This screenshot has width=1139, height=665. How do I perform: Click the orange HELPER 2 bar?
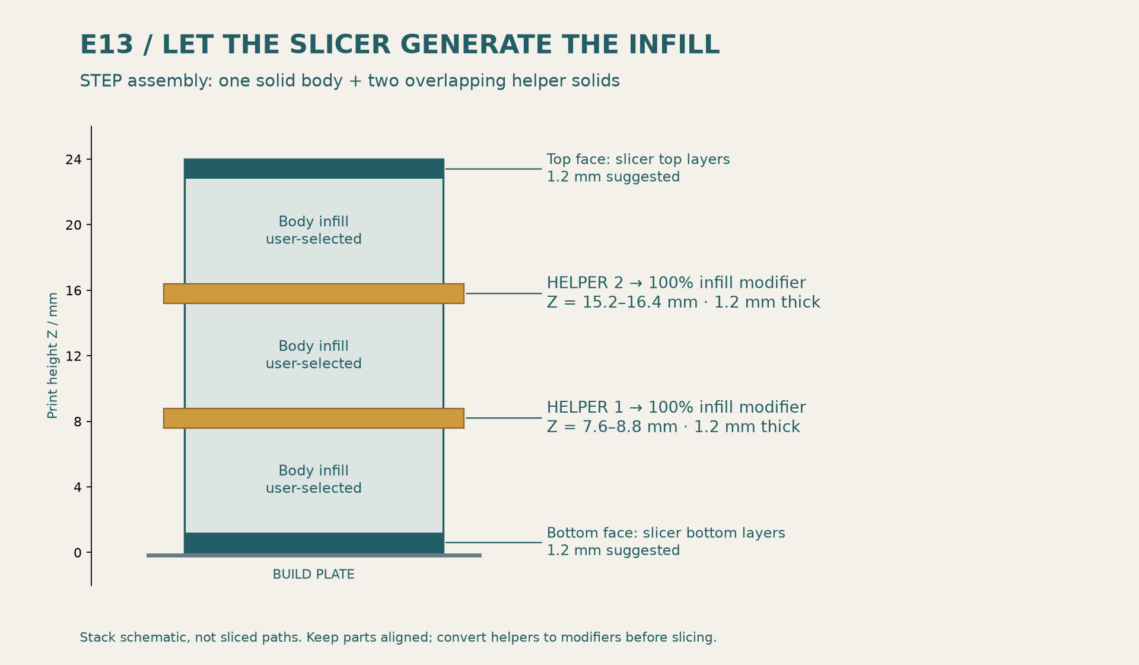pos(314,293)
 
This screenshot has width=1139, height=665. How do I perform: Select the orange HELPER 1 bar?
pos(314,418)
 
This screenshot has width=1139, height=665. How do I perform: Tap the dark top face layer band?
pos(314,169)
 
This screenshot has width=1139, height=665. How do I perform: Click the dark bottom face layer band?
pos(314,543)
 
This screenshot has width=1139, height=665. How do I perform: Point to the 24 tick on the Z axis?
pos(88,159)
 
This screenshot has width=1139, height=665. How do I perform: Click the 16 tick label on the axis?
pos(74,290)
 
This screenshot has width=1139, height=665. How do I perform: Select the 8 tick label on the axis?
pos(78,422)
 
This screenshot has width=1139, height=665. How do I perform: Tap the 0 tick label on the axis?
pos(78,553)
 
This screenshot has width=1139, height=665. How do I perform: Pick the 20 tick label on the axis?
pos(74,225)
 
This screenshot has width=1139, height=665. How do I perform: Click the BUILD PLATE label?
pos(314,574)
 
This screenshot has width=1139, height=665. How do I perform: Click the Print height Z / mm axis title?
pos(53,355)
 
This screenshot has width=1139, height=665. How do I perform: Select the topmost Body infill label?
pos(314,230)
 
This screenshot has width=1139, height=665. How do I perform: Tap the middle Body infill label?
pos(314,355)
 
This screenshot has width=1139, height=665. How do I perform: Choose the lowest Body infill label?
pos(314,480)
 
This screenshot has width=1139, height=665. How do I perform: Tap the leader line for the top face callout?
pos(494,169)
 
